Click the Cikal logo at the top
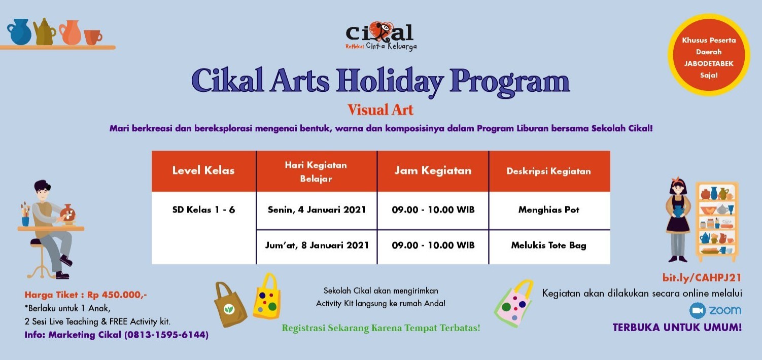(x=380, y=35)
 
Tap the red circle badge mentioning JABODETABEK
(x=708, y=55)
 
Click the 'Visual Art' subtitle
(x=380, y=110)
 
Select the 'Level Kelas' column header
(x=203, y=170)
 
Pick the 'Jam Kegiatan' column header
(x=433, y=170)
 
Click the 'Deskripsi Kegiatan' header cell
(x=548, y=171)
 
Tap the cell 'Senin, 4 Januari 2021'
(x=317, y=210)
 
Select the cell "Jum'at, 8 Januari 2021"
(x=317, y=245)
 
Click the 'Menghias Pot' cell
(x=548, y=210)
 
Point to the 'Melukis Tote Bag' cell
(x=548, y=245)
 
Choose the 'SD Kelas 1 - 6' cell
(x=203, y=210)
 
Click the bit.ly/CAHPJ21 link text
(x=702, y=277)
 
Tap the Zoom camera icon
(x=698, y=310)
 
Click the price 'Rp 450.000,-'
(x=117, y=295)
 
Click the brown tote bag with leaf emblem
(x=230, y=305)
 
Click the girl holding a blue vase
(x=678, y=221)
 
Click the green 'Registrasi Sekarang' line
(x=380, y=328)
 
